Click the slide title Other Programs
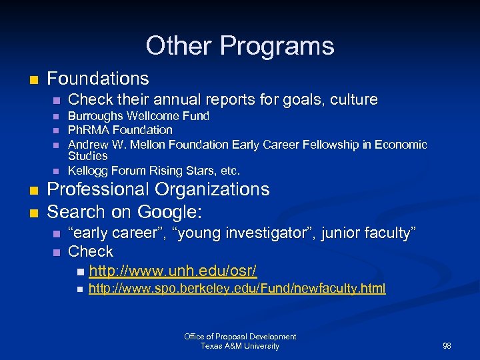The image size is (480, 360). (x=240, y=46)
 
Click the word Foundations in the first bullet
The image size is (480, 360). (x=98, y=79)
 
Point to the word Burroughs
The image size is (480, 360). (x=93, y=116)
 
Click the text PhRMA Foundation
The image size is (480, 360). (x=121, y=130)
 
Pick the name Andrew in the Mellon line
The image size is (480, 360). (x=89, y=144)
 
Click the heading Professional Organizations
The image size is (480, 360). (x=158, y=189)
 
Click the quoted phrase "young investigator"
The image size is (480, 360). (x=246, y=233)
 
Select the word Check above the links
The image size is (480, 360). (x=91, y=252)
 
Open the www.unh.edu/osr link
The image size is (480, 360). (x=173, y=271)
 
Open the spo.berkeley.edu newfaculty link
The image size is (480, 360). (x=237, y=288)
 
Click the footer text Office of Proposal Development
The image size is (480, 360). (x=240, y=337)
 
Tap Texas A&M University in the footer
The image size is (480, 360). (x=240, y=346)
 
